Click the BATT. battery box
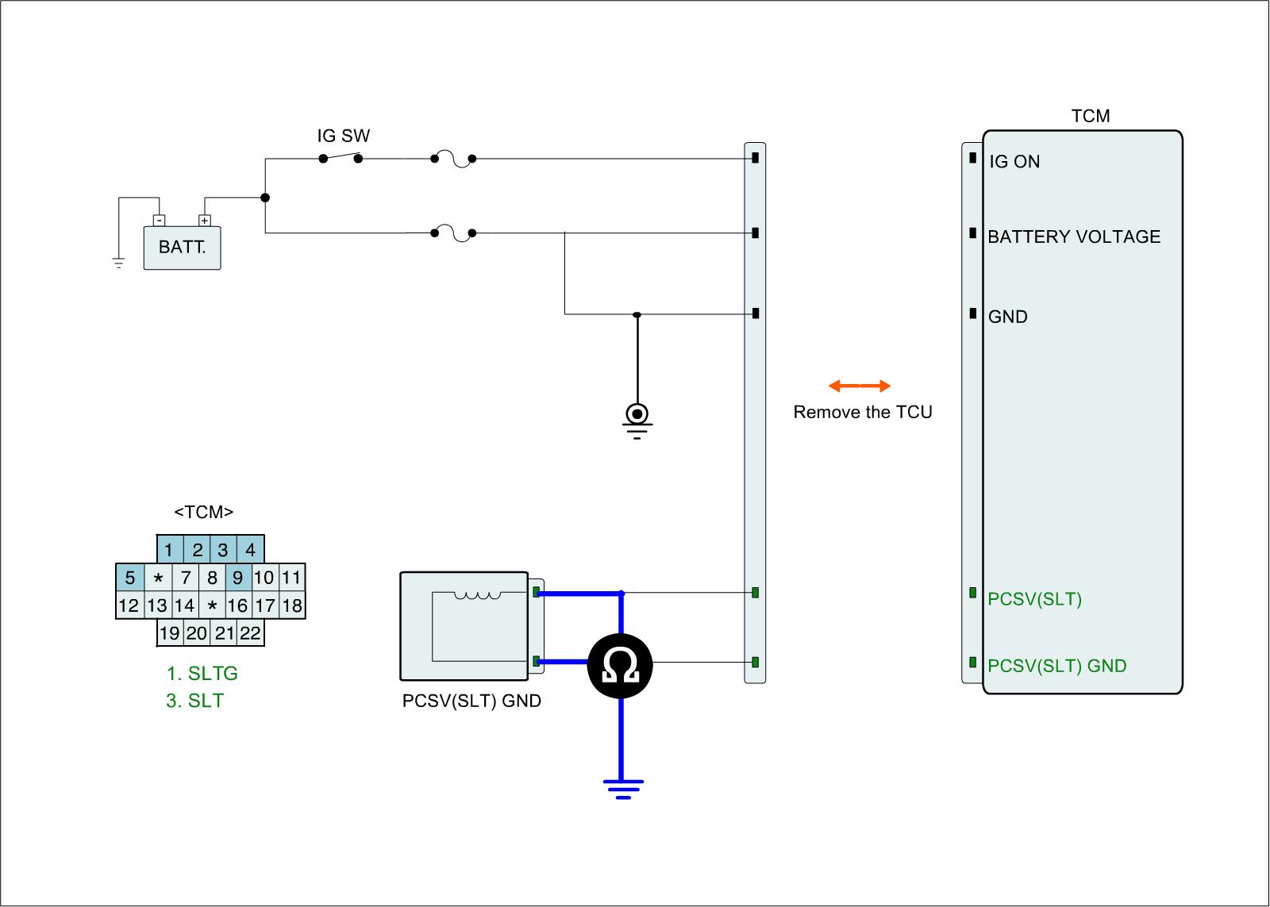coord(182,247)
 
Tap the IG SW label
coord(343,136)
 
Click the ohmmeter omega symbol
coord(620,665)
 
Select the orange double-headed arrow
coord(860,386)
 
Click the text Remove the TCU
coord(863,412)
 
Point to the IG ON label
coord(1014,162)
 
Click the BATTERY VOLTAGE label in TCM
coord(1073,236)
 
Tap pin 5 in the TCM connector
coord(130,577)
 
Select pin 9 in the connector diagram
coord(237,577)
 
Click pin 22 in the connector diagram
coord(250,633)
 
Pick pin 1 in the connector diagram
coord(169,549)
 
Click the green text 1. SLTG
coord(202,674)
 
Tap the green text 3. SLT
coord(194,701)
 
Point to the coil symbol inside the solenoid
coord(477,596)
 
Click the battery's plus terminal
coord(205,220)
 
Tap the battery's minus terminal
coord(159,220)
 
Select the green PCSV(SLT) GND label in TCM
coord(1056,666)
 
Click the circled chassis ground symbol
coord(637,415)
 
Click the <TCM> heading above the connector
coord(204,512)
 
